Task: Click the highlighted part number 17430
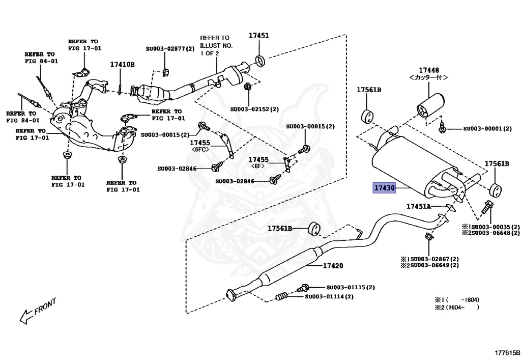tap(384, 188)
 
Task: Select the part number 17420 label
tap(333, 266)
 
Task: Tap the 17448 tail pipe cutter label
tap(429, 70)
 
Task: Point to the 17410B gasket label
tap(123, 65)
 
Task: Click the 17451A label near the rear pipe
tap(418, 206)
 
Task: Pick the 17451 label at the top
tap(258, 36)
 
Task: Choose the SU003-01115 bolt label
tap(350, 287)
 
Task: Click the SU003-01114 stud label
tap(329, 296)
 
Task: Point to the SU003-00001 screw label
tap(487, 129)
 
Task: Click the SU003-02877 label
tap(170, 49)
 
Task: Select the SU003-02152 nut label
tap(254, 109)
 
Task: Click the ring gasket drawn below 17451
tap(259, 61)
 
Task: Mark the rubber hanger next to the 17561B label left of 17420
tap(315, 230)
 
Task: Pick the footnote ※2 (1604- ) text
tap(457, 307)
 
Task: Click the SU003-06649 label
tap(429, 265)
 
